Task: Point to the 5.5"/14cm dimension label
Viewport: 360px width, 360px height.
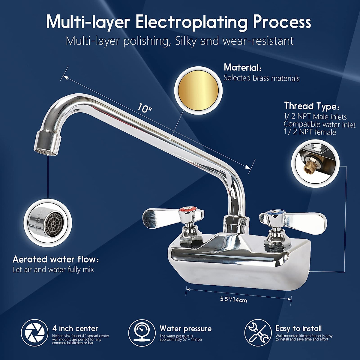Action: tap(234, 299)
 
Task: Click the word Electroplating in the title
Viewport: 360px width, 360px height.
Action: tap(192, 22)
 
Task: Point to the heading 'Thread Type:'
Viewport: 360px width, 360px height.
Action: tap(312, 106)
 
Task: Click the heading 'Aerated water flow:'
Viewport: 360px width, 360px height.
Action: tap(55, 259)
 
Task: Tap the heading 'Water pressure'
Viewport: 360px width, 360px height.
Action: tap(185, 328)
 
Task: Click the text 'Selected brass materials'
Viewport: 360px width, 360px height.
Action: tap(262, 78)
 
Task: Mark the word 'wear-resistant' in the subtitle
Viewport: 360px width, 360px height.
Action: tap(258, 41)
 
